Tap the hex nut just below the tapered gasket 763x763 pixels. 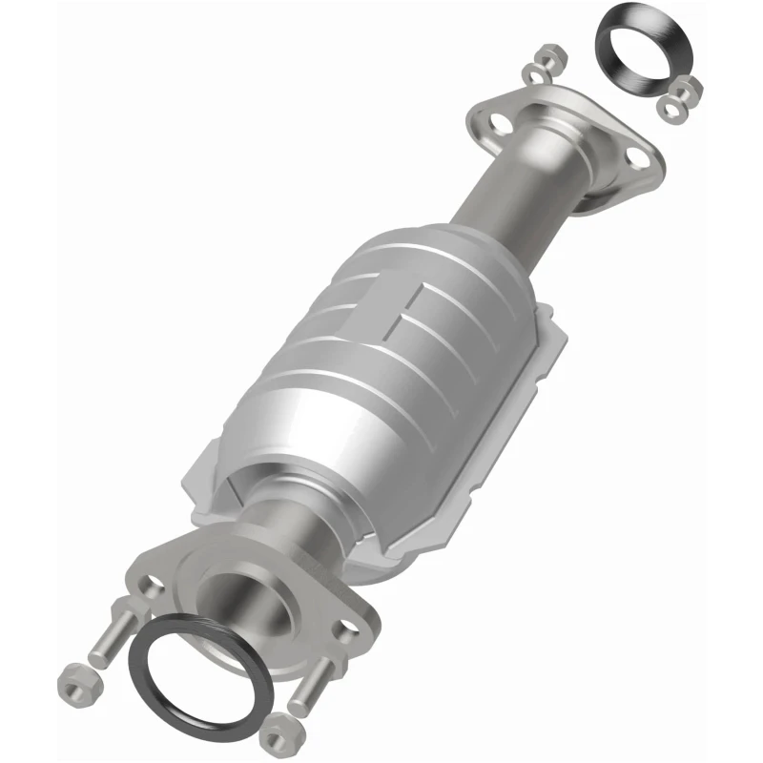(684, 92)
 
